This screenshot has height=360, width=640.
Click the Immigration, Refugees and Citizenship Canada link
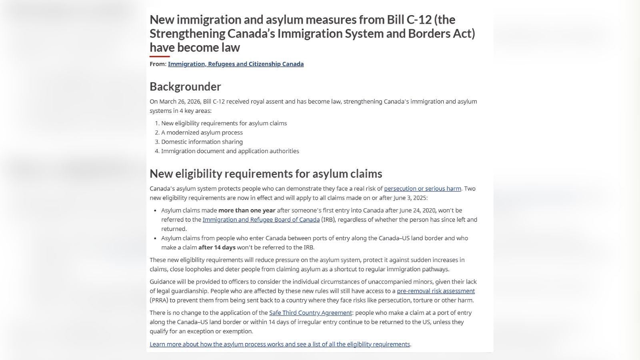[236, 64]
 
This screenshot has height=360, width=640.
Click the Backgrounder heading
[185, 86]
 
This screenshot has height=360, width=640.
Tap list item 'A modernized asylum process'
[202, 132]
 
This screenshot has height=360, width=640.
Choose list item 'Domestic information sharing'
[202, 142]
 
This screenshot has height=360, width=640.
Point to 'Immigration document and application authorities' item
[230, 151]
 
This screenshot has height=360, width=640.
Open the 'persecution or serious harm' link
[422, 188]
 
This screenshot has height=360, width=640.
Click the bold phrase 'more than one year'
[247, 210]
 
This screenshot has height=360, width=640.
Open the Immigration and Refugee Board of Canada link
[261, 220]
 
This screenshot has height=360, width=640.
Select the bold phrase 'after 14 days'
[217, 247]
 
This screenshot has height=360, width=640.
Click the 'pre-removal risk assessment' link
[436, 291]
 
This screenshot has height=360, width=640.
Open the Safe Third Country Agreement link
[310, 313]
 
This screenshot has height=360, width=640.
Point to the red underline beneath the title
[160, 56]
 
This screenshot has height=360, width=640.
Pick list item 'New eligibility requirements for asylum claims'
[224, 123]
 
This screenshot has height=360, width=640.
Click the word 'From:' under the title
[158, 64]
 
